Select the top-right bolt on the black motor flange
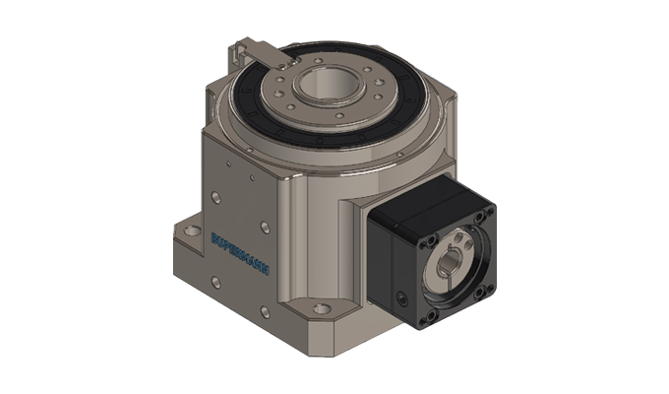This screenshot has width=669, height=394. click(480, 217)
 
